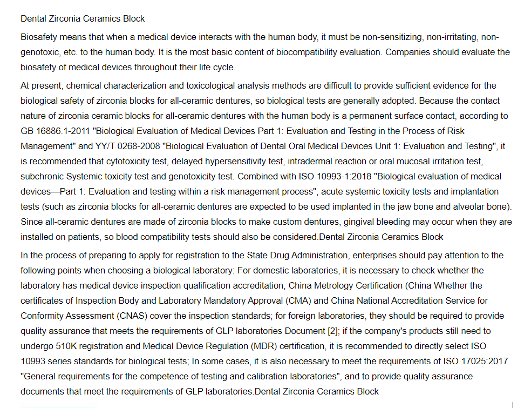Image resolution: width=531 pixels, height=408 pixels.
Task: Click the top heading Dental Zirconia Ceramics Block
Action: [83, 18]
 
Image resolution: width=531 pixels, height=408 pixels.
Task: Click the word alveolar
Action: [468, 207]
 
